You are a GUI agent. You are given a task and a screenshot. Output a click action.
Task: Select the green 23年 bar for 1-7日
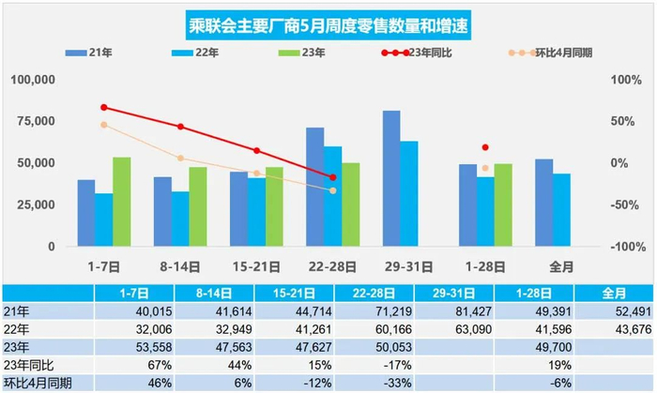click(x=121, y=202)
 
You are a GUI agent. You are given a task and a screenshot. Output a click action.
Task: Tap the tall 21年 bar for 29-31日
click(x=391, y=178)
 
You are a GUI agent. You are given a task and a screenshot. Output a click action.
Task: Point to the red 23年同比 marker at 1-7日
click(x=104, y=107)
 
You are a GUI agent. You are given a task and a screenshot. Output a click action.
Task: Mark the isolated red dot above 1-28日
click(x=485, y=147)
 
